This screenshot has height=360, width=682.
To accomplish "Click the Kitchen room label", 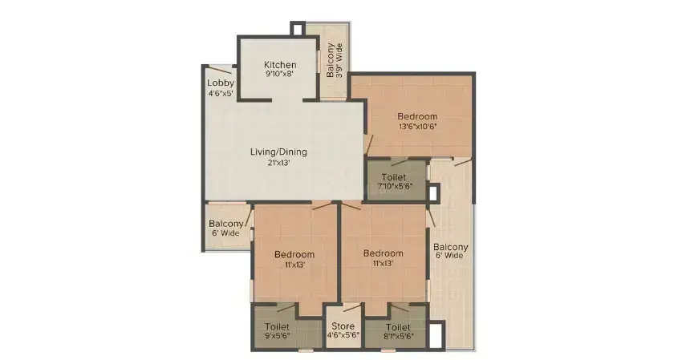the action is point(280,65).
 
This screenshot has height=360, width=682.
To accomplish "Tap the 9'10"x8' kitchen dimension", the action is point(280,74).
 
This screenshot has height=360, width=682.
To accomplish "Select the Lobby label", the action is point(221,83).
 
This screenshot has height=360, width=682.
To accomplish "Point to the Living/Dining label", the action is point(278,152).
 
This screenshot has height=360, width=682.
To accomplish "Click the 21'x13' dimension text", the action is point(278,163).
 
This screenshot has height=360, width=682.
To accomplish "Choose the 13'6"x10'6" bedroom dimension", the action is point(417,127).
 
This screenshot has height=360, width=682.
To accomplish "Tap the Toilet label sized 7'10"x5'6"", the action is point(394,177).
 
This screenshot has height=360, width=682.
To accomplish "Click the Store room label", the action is point(343,326).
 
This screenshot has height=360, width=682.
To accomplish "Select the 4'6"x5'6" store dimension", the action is point(343,336).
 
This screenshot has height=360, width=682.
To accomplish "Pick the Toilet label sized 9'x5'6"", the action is point(277,326).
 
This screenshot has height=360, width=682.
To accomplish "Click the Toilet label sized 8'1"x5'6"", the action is point(398,327).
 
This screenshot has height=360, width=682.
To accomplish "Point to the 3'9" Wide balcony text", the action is point(339,60).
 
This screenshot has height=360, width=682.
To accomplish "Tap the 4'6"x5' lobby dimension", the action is point(221,93).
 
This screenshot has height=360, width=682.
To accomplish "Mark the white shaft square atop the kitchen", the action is point(298,28).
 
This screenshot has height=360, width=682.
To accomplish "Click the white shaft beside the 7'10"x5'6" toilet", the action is point(433,192).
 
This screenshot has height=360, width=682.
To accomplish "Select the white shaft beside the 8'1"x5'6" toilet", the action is point(436,336).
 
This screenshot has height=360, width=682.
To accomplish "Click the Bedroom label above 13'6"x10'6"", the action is point(417,116).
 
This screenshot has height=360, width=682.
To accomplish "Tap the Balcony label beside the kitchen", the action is point(331,60).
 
